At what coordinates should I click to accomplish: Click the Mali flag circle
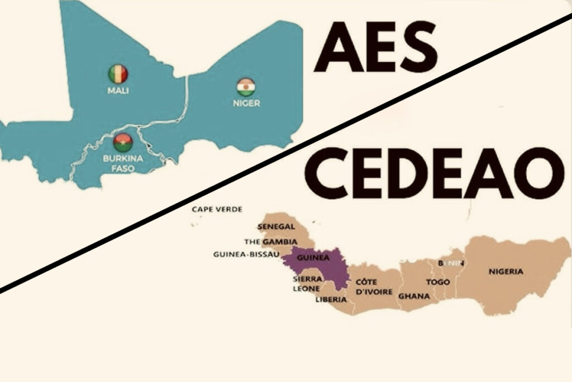pos(118,73)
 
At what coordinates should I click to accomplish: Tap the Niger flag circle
pos(246,87)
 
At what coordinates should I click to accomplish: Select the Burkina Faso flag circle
pos(122,142)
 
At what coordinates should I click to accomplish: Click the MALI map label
pos(118,90)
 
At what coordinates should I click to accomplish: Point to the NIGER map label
pos(246,103)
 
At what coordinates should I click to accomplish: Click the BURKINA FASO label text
pos(123,163)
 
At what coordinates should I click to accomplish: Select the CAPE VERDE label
pos(217,209)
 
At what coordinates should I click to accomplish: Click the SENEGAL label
pos(275,227)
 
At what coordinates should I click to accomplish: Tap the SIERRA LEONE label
pos(307,284)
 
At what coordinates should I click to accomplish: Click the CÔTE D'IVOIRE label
pos(374,286)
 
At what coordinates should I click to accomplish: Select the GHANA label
pos(414,296)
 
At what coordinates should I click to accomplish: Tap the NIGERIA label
pos(506,272)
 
